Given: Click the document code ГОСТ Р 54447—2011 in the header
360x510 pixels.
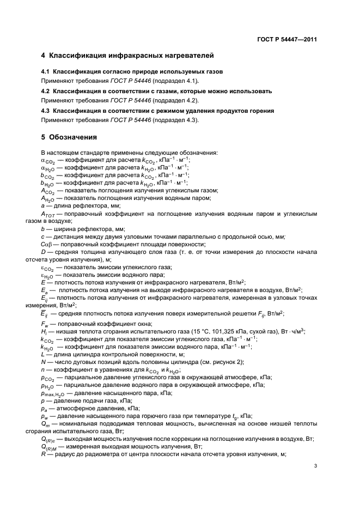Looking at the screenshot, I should click(x=288, y=40).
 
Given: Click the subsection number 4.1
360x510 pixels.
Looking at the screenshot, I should click(x=46, y=72).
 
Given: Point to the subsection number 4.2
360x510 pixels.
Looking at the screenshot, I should click(x=46, y=92).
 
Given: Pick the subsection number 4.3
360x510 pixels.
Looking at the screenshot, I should click(x=46, y=111).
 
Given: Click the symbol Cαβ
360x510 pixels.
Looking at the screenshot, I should click(x=47, y=245).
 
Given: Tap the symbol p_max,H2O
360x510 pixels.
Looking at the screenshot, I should click(x=52, y=393).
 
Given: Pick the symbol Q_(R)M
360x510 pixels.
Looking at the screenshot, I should click(x=50, y=446).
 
